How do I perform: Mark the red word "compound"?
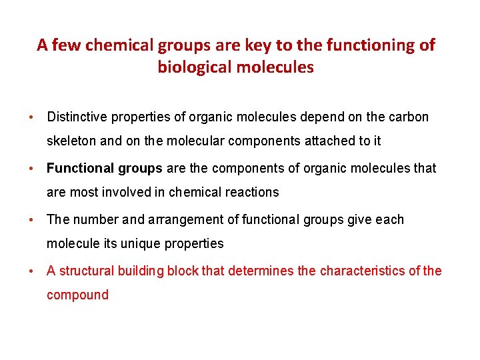77,295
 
